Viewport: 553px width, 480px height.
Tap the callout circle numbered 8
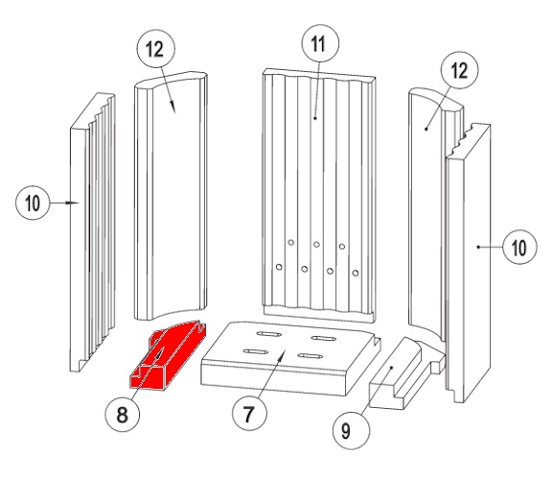[x=123, y=414]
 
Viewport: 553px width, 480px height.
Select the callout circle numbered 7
[x=249, y=413]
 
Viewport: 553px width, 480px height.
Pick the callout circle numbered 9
[x=352, y=431]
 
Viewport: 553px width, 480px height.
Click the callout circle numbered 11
[x=320, y=43]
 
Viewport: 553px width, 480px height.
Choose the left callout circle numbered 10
[x=33, y=203]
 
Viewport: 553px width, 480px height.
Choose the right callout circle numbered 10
[x=519, y=247]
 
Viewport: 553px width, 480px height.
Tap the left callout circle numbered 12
[x=156, y=48]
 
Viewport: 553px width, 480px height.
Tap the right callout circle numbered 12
[x=460, y=70]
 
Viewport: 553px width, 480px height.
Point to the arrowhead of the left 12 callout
[x=173, y=106]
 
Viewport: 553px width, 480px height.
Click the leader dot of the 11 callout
[x=315, y=118]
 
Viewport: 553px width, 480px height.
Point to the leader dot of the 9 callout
[x=391, y=368]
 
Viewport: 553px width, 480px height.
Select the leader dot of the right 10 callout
[x=478, y=247]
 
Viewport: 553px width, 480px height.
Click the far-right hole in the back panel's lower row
[x=356, y=273]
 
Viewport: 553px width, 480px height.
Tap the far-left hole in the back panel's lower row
[x=279, y=267]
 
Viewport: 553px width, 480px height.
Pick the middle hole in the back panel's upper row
[x=316, y=245]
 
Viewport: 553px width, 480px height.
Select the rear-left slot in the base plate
[x=269, y=334]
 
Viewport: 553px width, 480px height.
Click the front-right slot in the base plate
[x=310, y=355]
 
